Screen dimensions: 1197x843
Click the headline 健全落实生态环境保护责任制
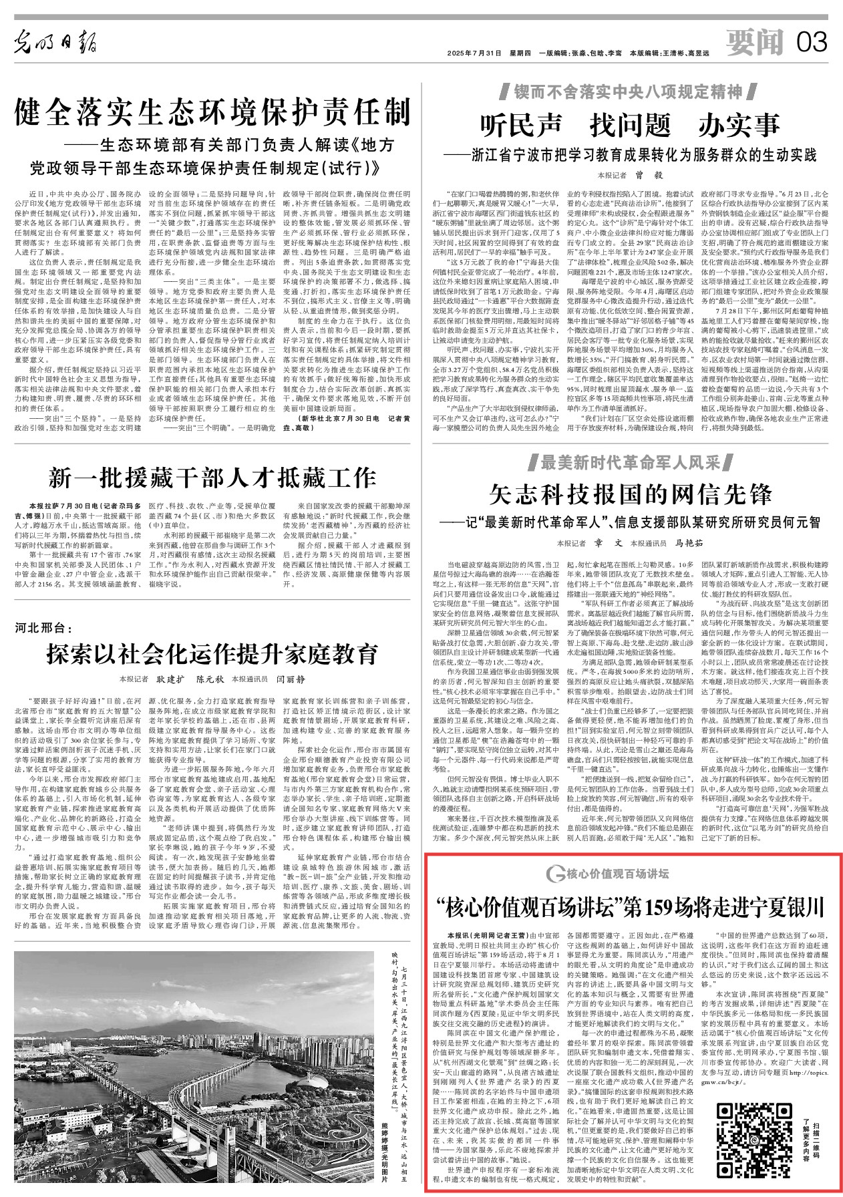coord(212,112)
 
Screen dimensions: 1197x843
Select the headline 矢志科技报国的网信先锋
coord(630,494)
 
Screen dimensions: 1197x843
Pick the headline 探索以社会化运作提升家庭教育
coord(212,654)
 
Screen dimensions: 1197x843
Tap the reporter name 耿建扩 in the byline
coord(170,679)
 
